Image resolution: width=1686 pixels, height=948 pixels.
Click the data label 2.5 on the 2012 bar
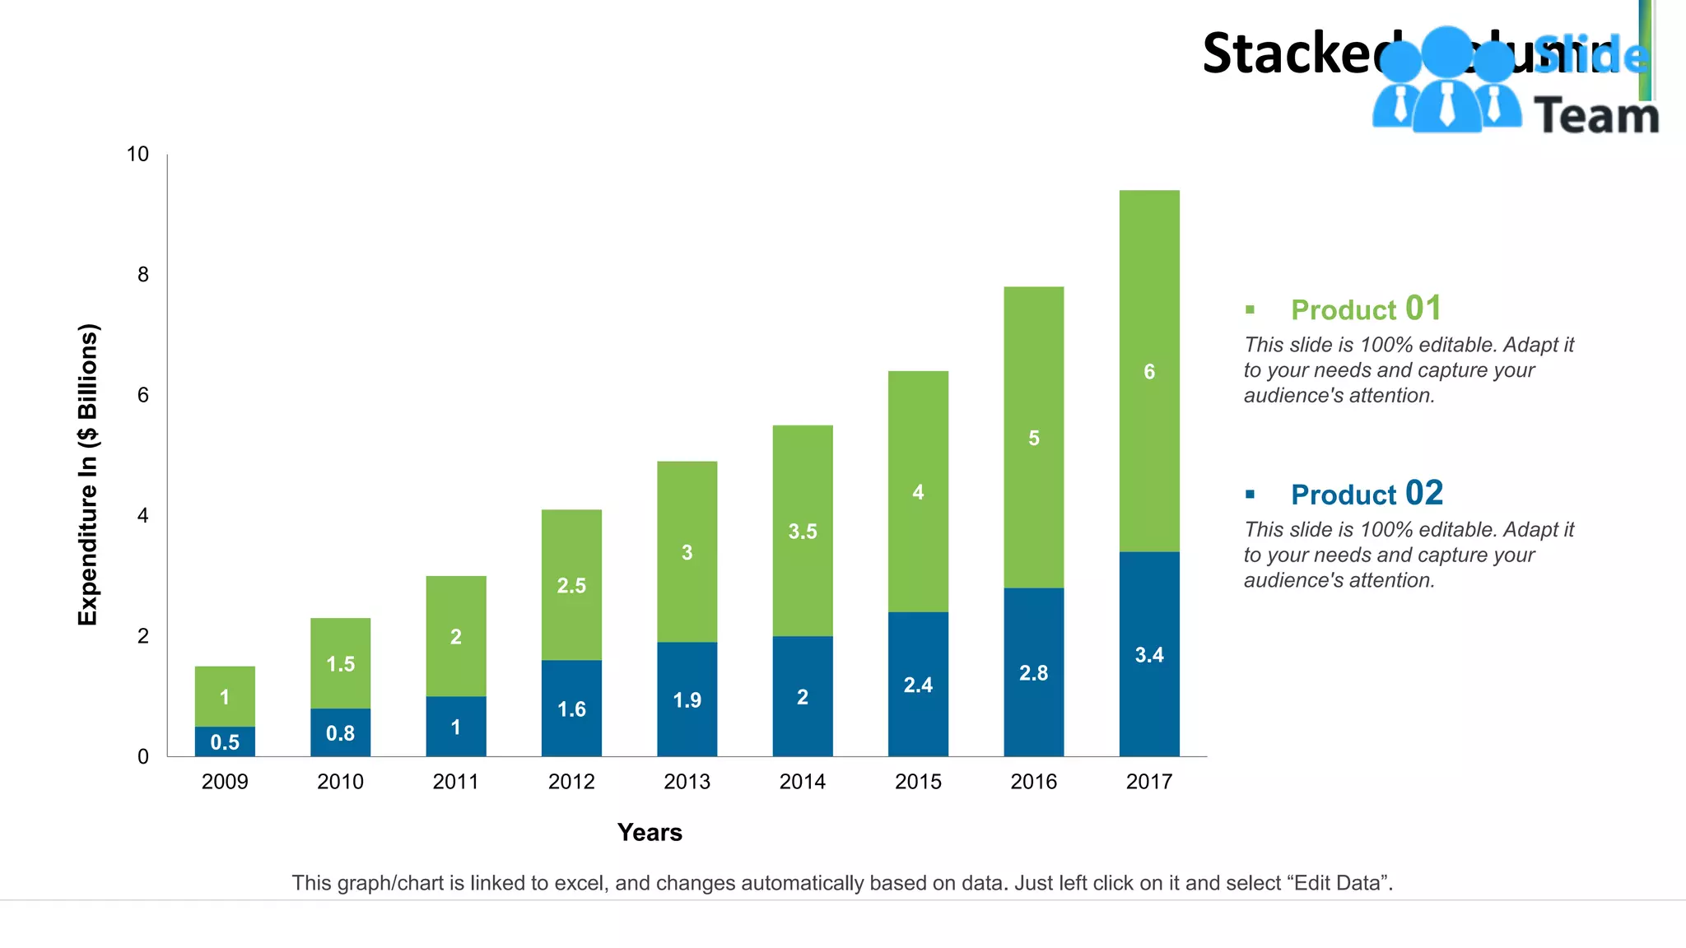tap(571, 586)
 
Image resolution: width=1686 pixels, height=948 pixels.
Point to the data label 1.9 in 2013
tap(687, 700)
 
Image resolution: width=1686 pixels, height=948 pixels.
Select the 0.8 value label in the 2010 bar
tap(340, 733)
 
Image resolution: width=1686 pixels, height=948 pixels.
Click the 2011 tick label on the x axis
tap(455, 782)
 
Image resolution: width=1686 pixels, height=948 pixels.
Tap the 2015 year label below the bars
tap(918, 782)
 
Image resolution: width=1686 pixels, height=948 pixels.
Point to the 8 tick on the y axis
tap(143, 275)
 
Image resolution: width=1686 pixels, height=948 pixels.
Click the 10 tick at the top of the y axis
tap(137, 155)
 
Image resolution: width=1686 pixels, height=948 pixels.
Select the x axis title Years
tap(650, 833)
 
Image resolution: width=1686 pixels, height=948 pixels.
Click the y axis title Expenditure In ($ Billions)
tap(88, 474)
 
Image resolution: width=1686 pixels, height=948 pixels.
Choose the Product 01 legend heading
tap(1366, 309)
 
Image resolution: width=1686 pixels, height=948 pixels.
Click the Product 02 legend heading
tap(1367, 495)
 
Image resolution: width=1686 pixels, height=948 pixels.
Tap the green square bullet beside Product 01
tap(1250, 310)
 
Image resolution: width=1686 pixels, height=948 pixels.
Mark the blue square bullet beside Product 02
tap(1250, 495)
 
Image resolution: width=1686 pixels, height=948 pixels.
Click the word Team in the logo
tap(1596, 116)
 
